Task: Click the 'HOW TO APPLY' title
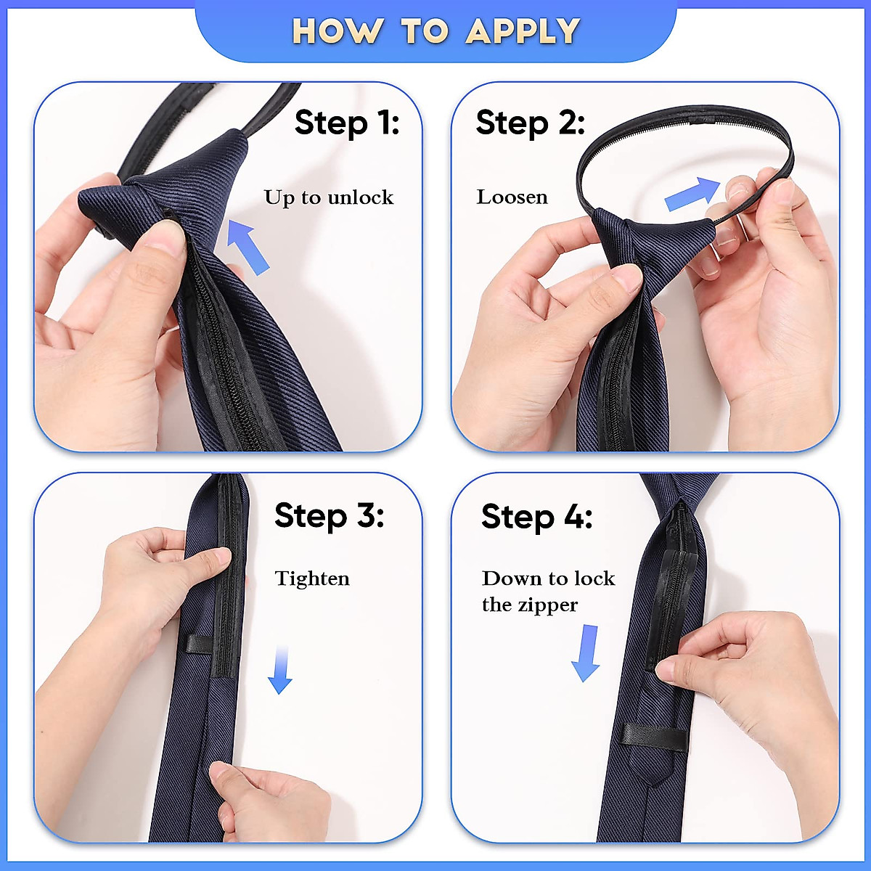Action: point(435,31)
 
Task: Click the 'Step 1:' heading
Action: point(347,123)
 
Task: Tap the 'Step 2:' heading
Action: point(530,123)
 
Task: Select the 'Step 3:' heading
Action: point(329,516)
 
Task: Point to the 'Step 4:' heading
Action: point(536,517)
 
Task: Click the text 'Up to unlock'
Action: point(328,197)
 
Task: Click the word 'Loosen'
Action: point(512,197)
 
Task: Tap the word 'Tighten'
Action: point(312,578)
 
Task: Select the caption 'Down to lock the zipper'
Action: point(548,592)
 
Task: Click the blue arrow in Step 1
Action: point(248,247)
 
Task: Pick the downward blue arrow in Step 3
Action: point(280,671)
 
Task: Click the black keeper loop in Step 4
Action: point(652,737)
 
